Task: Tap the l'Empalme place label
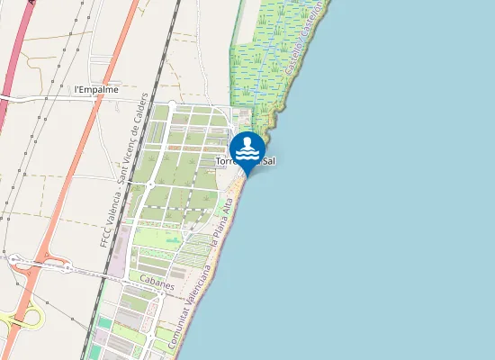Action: coord(97,90)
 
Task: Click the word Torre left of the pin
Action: coord(229,162)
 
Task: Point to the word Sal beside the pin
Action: coord(267,161)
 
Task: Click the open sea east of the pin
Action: coord(378,180)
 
